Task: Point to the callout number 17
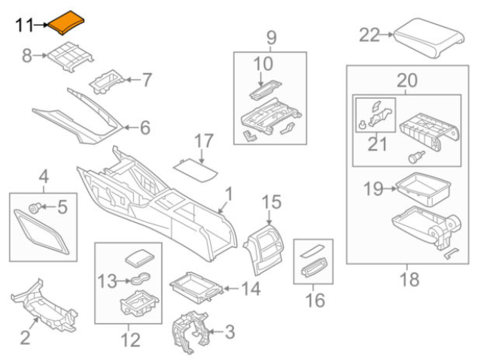click(x=204, y=141)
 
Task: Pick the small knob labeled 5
click(x=34, y=206)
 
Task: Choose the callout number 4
click(x=44, y=178)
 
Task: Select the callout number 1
click(x=228, y=196)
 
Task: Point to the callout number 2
click(x=24, y=339)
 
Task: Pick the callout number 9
click(x=271, y=36)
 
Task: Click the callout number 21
click(x=373, y=142)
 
